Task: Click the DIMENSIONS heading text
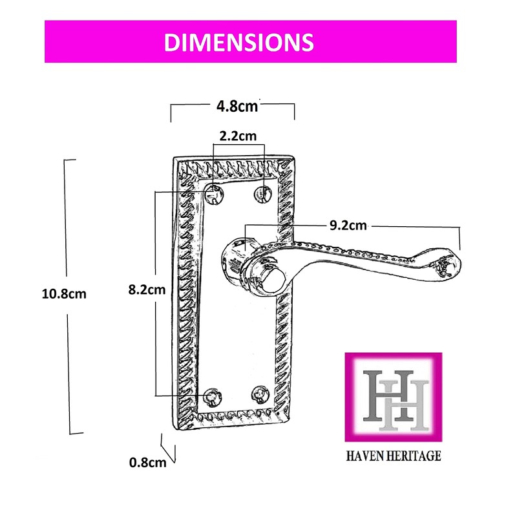238,42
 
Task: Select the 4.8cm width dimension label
237,106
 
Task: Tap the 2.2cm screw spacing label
238,136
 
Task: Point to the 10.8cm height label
64,294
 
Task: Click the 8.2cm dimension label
147,290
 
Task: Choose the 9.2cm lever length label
348,226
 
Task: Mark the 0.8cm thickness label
148,463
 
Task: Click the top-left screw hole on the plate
214,195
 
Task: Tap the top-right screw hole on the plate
263,194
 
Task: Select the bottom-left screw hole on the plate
213,397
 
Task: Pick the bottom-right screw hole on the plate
260,394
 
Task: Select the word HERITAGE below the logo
414,456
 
